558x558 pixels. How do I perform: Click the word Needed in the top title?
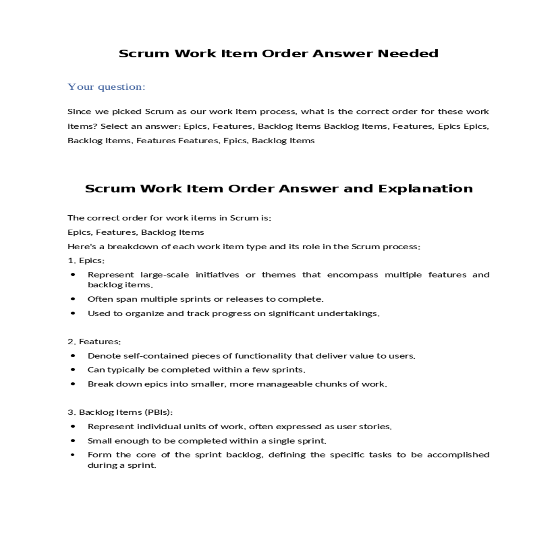pos(408,53)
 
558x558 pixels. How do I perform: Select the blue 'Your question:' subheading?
pos(106,87)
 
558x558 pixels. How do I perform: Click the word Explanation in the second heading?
pos(425,188)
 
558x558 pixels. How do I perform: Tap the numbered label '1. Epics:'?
pos(86,260)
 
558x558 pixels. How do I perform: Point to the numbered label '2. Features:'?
pos(94,341)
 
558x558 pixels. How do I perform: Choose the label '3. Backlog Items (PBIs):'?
pos(120,412)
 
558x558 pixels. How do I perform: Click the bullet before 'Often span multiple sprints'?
pos(73,299)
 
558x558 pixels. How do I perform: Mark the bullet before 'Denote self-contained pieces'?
pos(73,356)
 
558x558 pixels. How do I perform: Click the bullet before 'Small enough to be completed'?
pos(73,440)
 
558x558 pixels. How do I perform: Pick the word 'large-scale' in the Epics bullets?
pos(165,275)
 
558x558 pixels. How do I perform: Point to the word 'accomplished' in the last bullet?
pos(458,455)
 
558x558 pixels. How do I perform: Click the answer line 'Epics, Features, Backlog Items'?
pos(136,232)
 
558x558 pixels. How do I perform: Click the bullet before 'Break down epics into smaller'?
pos(73,384)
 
